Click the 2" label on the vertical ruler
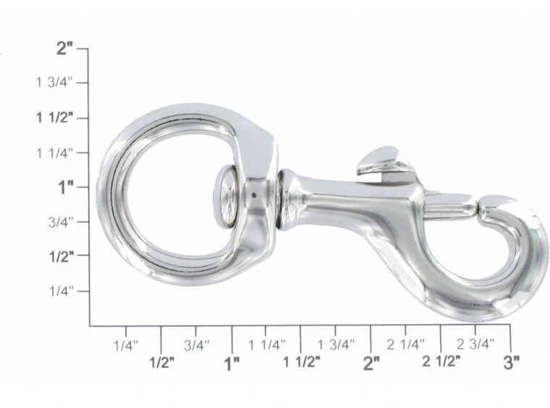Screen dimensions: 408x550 (66, 49)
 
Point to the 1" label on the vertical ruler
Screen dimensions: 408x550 (67, 187)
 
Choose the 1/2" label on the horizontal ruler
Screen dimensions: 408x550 (161, 362)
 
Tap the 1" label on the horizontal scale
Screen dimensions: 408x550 (232, 362)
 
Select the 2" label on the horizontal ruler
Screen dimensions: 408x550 (371, 362)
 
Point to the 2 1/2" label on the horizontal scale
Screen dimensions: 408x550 (441, 362)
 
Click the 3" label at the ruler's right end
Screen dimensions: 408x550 (511, 362)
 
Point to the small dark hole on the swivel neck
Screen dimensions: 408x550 (255, 196)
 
